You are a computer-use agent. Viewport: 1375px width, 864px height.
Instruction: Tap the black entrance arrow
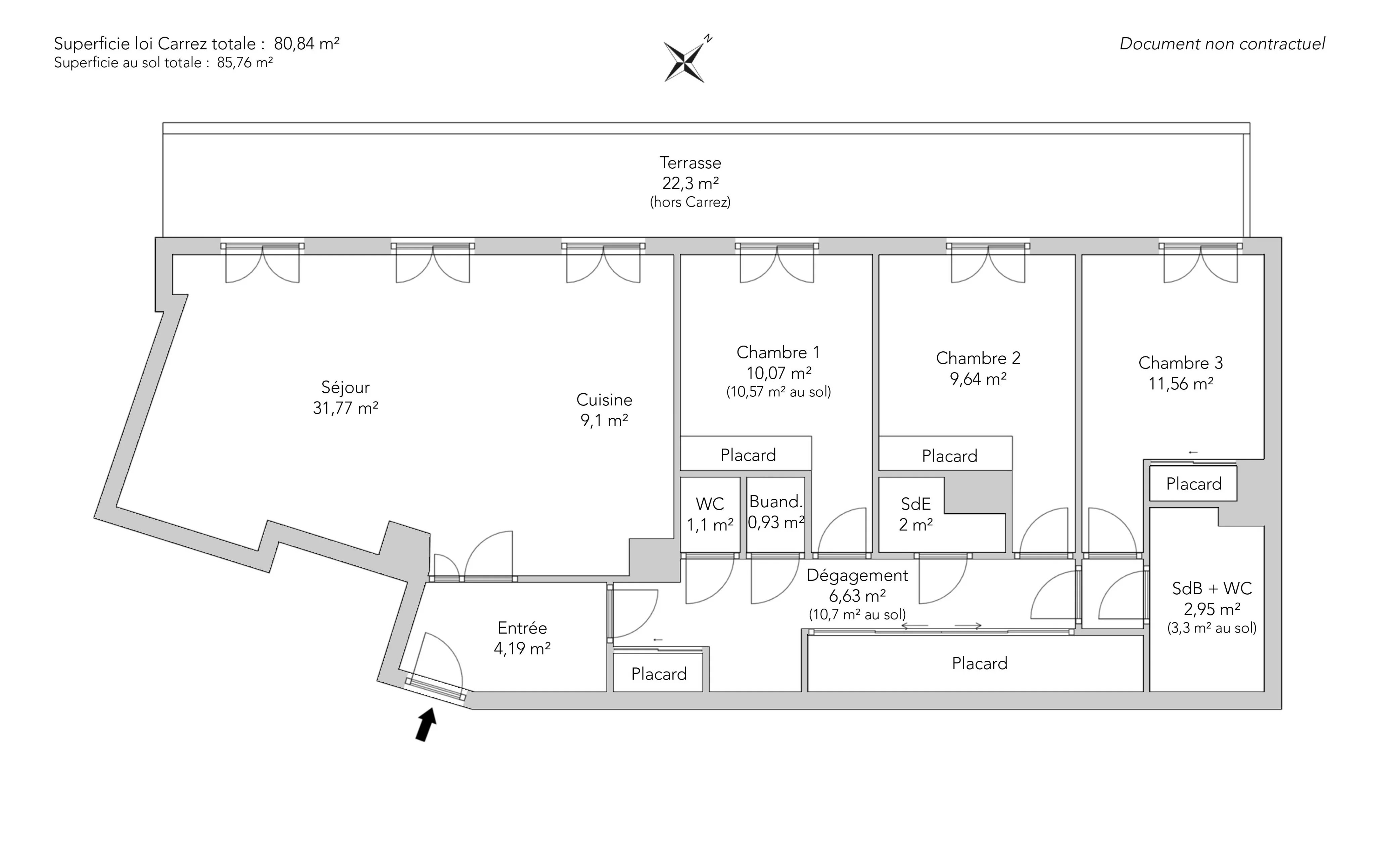tap(425, 725)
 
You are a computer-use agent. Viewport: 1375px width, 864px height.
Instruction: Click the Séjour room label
tap(345, 387)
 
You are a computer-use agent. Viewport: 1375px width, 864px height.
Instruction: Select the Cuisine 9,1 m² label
tap(604, 410)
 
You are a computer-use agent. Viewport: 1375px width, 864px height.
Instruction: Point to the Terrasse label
tap(691, 163)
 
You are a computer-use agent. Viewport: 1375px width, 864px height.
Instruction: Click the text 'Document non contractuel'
tap(1222, 44)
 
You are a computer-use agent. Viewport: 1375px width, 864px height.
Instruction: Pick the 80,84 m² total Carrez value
tap(306, 43)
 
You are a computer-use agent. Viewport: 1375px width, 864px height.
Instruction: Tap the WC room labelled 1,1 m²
tap(710, 514)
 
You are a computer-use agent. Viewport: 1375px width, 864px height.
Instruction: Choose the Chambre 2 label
tap(978, 358)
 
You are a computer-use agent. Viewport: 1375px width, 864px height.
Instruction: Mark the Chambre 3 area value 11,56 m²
tap(1181, 383)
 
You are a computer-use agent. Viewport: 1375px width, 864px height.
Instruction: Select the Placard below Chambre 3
tap(1193, 484)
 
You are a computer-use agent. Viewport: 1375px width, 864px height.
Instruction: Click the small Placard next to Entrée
tap(658, 674)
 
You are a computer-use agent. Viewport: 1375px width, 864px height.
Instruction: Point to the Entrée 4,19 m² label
tap(522, 638)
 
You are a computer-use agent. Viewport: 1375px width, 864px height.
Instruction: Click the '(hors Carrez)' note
tap(691, 202)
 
